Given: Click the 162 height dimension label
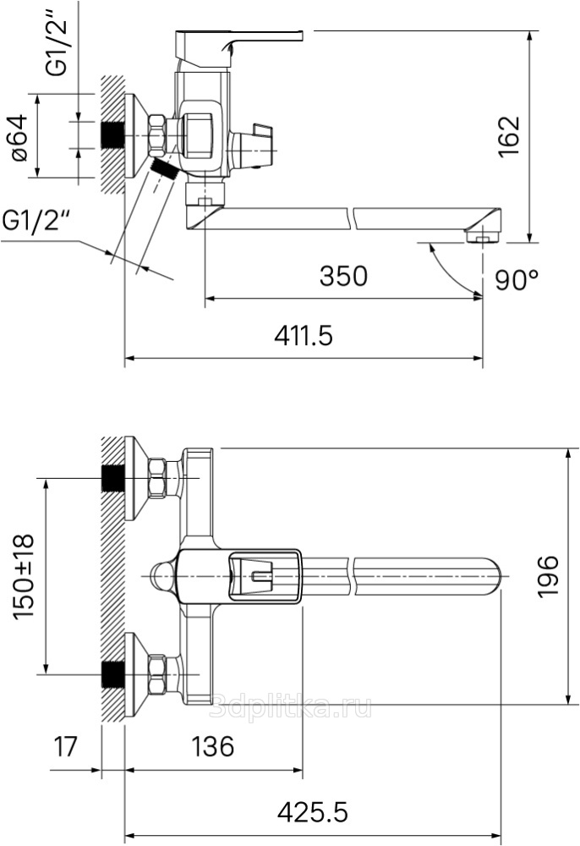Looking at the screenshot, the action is click(509, 136).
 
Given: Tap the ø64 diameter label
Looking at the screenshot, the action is click(19, 137).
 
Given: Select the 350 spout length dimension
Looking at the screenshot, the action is click(343, 276).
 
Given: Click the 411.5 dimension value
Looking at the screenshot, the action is click(304, 336).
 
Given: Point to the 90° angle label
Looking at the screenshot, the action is click(517, 279).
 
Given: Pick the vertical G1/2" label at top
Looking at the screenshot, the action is click(57, 40).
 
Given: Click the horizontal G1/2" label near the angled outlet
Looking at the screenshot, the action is click(36, 220).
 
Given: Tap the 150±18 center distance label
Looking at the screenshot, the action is click(24, 576).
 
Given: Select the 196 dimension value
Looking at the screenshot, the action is click(548, 576).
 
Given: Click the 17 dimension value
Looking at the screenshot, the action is click(65, 747).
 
